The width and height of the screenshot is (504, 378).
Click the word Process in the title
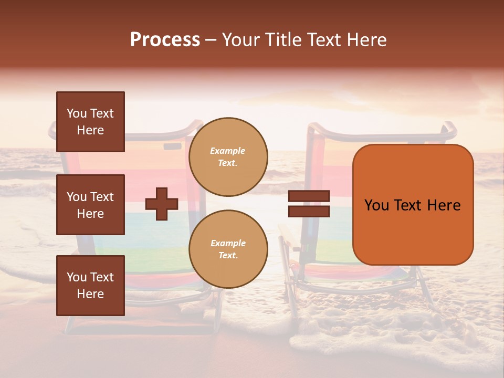pos(165,40)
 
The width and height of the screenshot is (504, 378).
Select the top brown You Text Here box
pos(90,122)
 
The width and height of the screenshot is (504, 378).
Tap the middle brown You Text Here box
pos(90,205)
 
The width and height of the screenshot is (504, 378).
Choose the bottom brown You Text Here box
pos(90,285)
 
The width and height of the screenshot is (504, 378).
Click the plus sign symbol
pos(162,204)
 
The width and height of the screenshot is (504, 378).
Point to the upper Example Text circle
pos(228,156)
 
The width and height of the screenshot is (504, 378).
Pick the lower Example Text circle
pos(228,249)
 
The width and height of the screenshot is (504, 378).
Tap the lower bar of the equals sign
pos(309,211)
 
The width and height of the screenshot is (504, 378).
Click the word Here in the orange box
pos(444,205)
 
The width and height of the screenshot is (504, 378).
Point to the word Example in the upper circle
pos(227,151)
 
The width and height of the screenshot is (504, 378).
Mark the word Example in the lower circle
pos(228,243)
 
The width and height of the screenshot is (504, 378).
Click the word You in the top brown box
pos(77,113)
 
